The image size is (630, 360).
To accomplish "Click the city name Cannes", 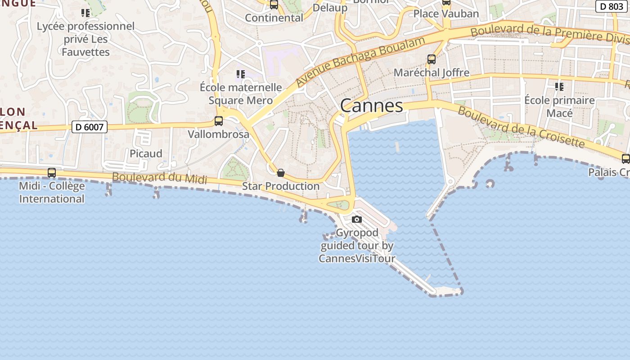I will coord(371,106).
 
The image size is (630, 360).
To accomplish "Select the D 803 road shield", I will coord(612,6).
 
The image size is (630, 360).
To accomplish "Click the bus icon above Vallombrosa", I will coord(219,121).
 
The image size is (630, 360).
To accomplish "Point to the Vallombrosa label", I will coord(218,134).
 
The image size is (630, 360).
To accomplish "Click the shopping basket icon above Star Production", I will coord(281,173).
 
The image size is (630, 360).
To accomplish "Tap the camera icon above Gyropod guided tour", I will coord(357,220).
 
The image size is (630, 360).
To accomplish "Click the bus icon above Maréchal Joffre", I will coord(432,59).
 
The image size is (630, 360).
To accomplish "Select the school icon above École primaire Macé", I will coord(559,86).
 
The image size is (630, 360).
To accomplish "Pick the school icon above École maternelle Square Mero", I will coord(241,74).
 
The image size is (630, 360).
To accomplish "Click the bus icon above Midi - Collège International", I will coord(52,173).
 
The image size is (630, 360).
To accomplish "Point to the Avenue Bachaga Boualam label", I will coord(360,62).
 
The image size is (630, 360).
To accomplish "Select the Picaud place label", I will coord(146,154).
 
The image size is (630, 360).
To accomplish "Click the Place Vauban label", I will coord(446,14).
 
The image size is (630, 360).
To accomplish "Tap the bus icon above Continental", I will coord(274,5).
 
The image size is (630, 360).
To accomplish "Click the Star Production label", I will coord(281,186).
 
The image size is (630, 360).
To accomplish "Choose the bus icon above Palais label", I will coord(625,159).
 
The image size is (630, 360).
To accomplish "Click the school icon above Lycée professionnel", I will coord(85,13).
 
